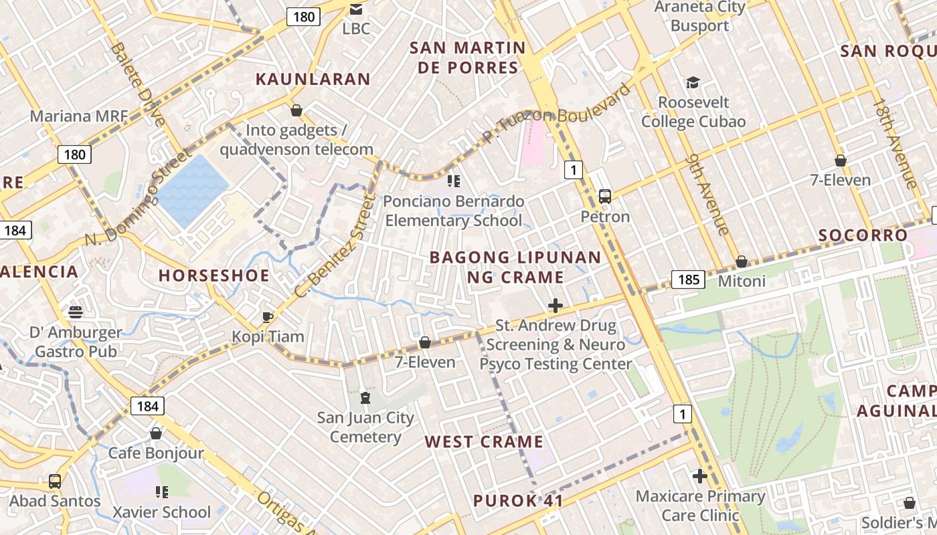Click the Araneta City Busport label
click(x=699, y=17)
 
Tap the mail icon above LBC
click(x=356, y=9)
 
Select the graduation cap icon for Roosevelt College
click(x=693, y=83)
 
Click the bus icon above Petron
click(x=605, y=197)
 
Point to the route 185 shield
click(x=688, y=279)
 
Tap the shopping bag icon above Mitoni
click(x=742, y=261)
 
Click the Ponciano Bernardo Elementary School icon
click(x=454, y=181)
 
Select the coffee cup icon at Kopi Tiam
click(x=268, y=317)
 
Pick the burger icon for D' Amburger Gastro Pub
click(x=76, y=312)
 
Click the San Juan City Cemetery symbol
click(x=365, y=399)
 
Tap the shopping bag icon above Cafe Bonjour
click(x=156, y=433)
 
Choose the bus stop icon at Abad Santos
click(x=55, y=481)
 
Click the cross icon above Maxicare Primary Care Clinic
click(x=700, y=476)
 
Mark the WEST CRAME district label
click(x=484, y=442)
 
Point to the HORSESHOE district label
click(x=214, y=276)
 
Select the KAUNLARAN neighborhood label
click(x=313, y=80)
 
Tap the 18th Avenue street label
click(x=894, y=144)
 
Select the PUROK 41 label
click(x=517, y=501)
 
